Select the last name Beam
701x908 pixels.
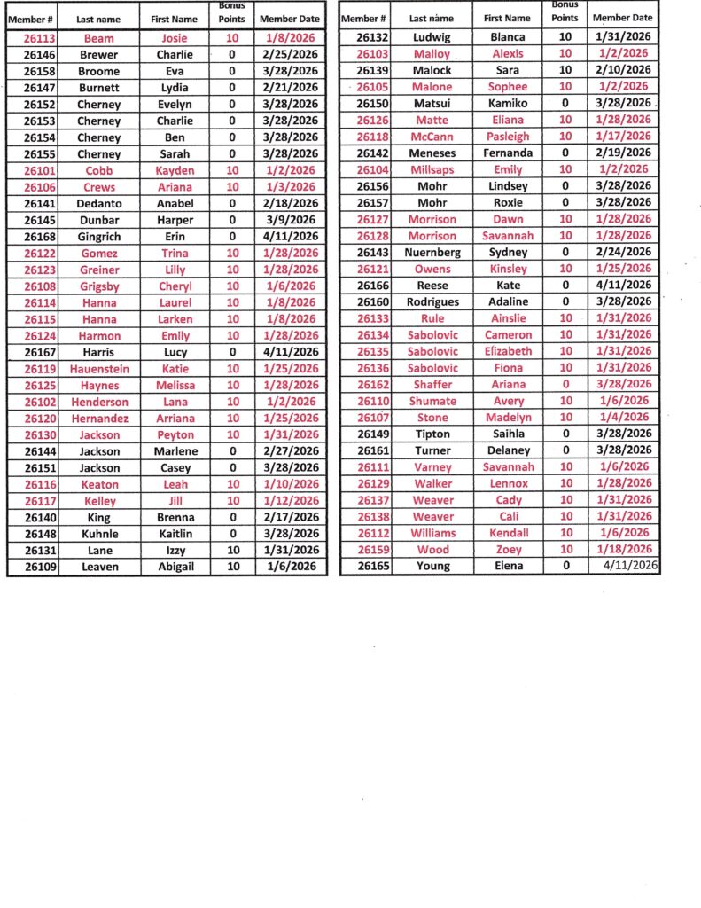point(98,38)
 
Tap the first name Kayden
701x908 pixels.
point(175,170)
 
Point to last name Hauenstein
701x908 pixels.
point(98,369)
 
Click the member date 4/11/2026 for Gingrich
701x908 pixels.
point(292,237)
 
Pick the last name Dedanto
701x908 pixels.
point(98,203)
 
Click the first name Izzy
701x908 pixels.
point(175,550)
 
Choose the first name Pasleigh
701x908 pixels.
point(507,137)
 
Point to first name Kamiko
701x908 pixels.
point(507,104)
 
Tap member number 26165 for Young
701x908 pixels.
point(373,566)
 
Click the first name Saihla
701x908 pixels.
point(507,434)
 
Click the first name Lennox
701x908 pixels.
point(507,483)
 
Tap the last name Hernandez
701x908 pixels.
point(98,419)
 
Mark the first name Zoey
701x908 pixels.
point(507,550)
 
